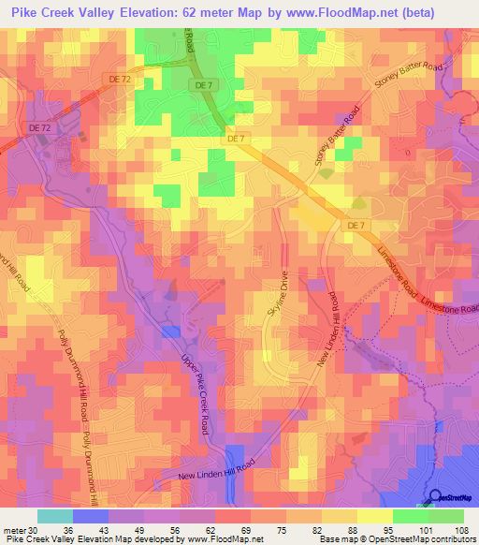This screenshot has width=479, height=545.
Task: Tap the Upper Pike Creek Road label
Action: click(x=194, y=393)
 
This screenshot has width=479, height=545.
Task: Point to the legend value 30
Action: click(x=37, y=530)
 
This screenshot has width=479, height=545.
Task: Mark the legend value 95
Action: click(x=393, y=530)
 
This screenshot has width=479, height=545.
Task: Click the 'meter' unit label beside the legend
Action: click(x=13, y=530)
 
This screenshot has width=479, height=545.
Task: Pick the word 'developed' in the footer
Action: click(x=147, y=540)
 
